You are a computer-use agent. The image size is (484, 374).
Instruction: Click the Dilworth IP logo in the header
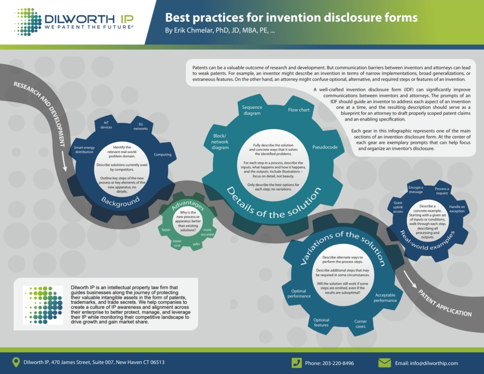(74, 22)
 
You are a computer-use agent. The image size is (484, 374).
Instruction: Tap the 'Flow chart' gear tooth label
(299, 110)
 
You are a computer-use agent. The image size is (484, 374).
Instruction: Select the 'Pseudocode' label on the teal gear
(325, 148)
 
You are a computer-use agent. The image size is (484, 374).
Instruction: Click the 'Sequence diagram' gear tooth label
(252, 110)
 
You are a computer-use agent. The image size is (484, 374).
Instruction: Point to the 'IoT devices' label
(106, 125)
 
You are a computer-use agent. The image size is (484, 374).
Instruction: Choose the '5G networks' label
(140, 126)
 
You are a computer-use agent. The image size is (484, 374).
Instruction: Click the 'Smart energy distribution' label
(84, 150)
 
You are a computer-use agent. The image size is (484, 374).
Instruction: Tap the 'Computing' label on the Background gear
(163, 155)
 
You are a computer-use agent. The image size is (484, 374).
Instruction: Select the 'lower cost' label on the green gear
(177, 244)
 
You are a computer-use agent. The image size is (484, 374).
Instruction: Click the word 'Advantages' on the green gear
(188, 204)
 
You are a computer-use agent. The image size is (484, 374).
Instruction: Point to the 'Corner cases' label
(360, 324)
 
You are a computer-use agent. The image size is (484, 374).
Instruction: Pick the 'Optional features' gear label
(321, 322)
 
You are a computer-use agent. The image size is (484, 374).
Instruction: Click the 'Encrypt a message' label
(415, 190)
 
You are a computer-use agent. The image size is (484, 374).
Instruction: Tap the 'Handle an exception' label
(457, 209)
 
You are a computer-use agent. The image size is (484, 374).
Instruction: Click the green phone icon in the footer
(297, 363)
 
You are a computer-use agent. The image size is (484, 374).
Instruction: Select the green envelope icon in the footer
(384, 363)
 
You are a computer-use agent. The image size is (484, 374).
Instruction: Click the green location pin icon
(16, 362)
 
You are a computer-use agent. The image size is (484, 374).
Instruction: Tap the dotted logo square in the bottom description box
(43, 305)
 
